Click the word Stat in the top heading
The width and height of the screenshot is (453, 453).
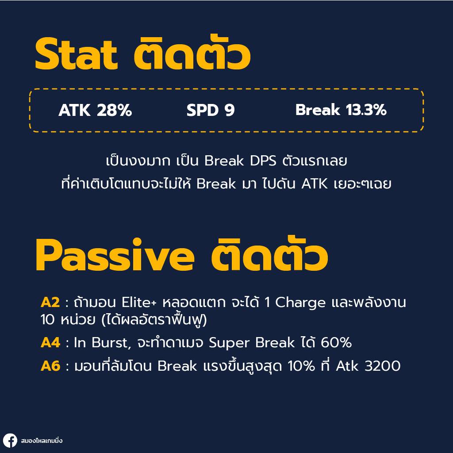pos(77,54)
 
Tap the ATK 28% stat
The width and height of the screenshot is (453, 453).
pos(95,110)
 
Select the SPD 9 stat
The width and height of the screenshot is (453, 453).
pos(210,110)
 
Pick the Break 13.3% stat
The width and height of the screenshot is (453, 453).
pos(341,110)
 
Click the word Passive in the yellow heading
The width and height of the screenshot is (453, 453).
pos(115,255)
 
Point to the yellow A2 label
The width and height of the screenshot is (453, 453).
pos(50,303)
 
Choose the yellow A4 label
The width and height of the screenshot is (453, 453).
pos(50,343)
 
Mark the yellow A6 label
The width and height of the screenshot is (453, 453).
pos(50,366)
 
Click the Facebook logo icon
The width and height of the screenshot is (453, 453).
pos(10,441)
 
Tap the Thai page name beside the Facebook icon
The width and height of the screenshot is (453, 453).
pos(42,441)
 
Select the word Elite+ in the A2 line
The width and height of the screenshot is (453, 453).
pos(139,303)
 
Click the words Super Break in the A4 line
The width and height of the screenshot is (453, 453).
pos(252,343)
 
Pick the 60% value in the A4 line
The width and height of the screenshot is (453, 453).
pos(336,343)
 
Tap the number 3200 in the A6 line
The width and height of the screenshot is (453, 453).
pos(383,366)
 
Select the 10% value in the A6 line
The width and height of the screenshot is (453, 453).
pos(301,366)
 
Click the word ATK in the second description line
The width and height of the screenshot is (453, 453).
pos(315,184)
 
